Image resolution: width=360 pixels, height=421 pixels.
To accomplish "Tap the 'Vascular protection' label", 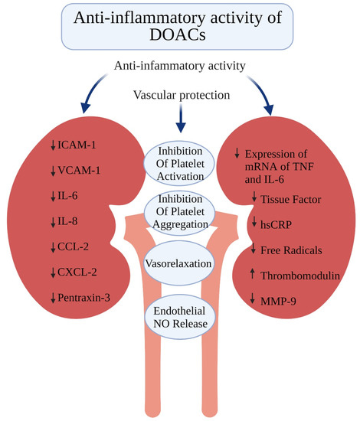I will [x=180, y=97].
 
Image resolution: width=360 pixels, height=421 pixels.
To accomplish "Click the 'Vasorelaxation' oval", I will [x=180, y=263].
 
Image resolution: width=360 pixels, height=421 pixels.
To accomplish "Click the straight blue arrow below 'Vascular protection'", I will [x=180, y=121].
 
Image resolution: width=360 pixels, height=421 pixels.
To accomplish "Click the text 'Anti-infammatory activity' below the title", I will [x=180, y=67].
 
